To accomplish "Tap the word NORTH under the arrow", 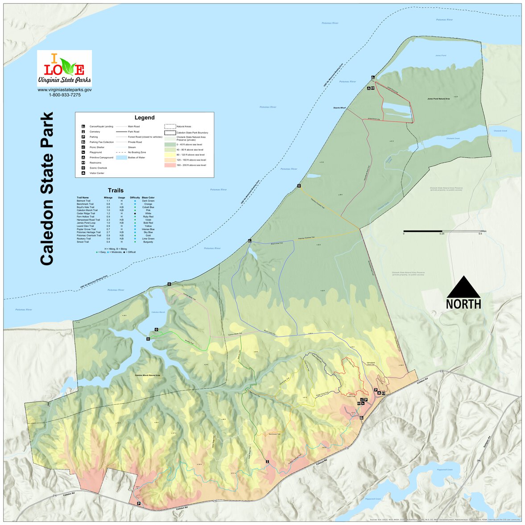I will point(463,304).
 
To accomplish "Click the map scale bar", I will point(442,231).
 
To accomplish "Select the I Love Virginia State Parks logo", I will point(64,68).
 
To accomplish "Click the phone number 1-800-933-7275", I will point(64,95).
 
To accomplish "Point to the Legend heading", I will point(145,118).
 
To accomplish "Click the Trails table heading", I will point(116,190).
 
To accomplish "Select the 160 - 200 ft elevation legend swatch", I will point(170,165).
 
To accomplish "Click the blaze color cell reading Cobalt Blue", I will point(148,207).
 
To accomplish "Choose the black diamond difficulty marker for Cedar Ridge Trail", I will point(135,214).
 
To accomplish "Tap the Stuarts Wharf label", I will point(339,107).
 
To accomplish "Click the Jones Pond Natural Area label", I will point(438,99).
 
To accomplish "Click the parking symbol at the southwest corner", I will point(139,504).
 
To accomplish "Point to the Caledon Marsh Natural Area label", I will point(148,376).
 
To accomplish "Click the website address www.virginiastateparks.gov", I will point(64,90).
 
